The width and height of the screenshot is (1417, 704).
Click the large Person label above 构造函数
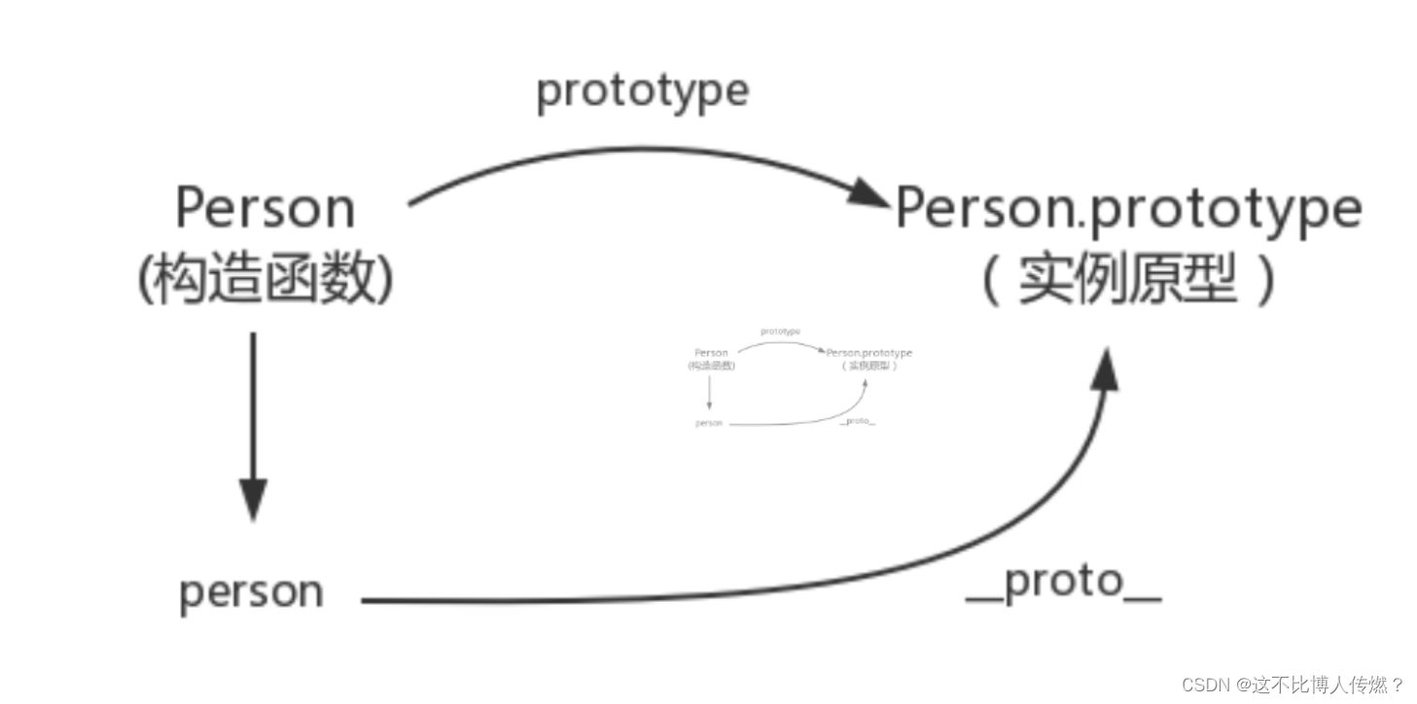pos(265,208)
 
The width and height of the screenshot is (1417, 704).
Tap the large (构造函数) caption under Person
pos(265,282)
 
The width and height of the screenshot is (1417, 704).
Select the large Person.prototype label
pos(1127,208)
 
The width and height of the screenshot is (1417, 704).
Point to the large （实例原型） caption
pos(1127,282)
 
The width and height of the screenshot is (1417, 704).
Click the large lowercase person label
pos(251,592)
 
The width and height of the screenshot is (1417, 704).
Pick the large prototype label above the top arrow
pos(643,91)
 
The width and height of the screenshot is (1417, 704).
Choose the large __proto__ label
pos(1063,582)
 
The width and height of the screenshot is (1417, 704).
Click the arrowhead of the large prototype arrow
pos(868,194)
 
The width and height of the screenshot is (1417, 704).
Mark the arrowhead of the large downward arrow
pos(253,500)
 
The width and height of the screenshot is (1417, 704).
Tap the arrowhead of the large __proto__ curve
pos(1104,370)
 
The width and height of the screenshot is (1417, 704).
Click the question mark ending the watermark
pos(1397,685)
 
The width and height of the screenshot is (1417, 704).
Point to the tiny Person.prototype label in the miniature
pos(869,353)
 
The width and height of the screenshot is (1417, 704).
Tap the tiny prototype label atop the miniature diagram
pos(780,332)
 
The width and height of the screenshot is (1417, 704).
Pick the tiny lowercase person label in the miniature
pos(709,424)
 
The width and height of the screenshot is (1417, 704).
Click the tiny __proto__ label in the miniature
pos(857,421)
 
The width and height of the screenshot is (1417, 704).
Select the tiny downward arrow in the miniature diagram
pos(710,392)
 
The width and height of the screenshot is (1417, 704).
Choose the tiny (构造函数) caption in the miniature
pos(711,366)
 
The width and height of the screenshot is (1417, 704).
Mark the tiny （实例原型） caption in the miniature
pos(869,366)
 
